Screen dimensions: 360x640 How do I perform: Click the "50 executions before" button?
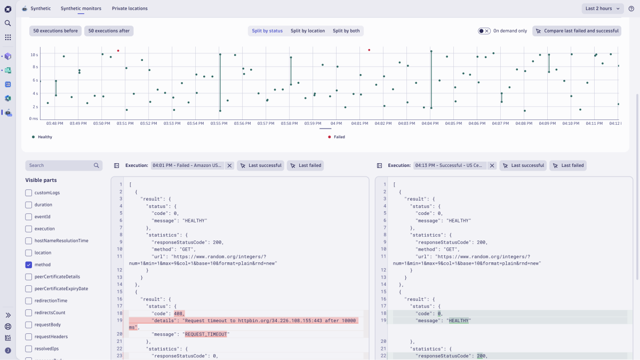pyautogui.click(x=55, y=31)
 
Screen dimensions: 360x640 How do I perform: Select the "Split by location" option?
pyautogui.click(x=308, y=31)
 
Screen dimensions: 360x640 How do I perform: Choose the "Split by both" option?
pyautogui.click(x=346, y=31)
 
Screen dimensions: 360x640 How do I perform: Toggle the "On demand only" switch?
pyautogui.click(x=484, y=31)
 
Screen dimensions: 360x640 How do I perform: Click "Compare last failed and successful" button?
pyautogui.click(x=577, y=31)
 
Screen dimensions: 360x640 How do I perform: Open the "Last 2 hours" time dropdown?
pyautogui.click(x=602, y=9)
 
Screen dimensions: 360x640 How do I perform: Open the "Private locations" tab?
pyautogui.click(x=130, y=9)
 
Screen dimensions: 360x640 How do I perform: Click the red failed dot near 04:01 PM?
pyautogui.click(x=369, y=50)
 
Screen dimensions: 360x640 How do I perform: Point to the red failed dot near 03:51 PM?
pyautogui.click(x=118, y=51)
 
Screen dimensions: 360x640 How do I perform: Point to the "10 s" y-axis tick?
pyautogui.click(x=34, y=54)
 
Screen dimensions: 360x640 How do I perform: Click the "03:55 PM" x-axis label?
pyautogui.click(x=219, y=123)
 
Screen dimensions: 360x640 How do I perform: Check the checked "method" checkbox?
pyautogui.click(x=29, y=265)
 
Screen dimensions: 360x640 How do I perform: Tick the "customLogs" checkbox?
pyautogui.click(x=29, y=193)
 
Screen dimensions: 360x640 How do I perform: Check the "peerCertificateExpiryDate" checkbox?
pyautogui.click(x=29, y=289)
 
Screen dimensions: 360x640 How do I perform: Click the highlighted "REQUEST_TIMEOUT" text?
pyautogui.click(x=206, y=334)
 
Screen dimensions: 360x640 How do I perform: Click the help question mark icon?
pyautogui.click(x=631, y=9)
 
